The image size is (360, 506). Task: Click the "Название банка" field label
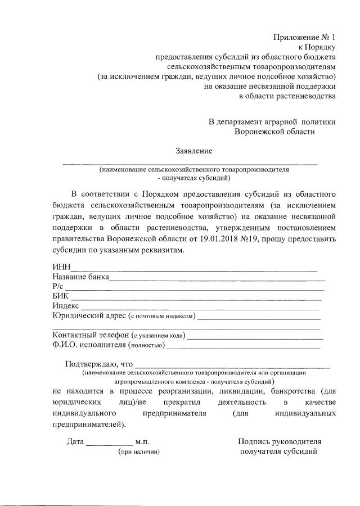[x=80, y=277]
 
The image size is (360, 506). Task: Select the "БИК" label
[x=61, y=296]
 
